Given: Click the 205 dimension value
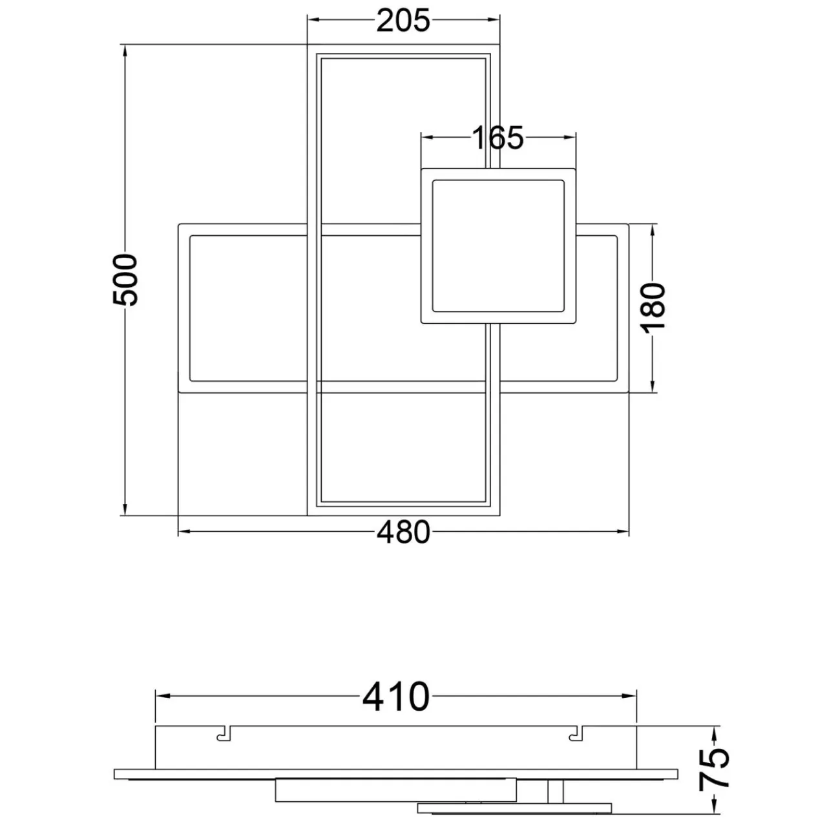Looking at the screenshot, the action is [403, 21].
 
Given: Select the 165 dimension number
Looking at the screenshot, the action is [498, 138].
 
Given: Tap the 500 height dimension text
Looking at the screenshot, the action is [125, 280].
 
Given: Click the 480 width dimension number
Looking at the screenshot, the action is [403, 532].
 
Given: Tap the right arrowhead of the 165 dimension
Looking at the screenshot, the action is [569, 138].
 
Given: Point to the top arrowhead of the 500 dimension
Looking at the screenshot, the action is [125, 52].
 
